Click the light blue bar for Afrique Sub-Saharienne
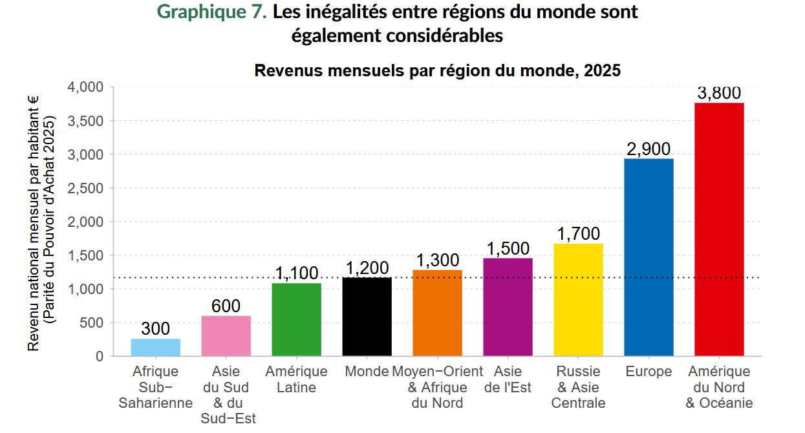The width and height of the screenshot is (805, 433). tap(156, 347)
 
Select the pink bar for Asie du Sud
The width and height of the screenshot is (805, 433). tap(226, 336)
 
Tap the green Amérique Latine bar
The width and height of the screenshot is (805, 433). tap(296, 319)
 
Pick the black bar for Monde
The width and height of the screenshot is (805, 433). tap(367, 317)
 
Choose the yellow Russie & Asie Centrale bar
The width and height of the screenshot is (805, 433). tap(578, 300)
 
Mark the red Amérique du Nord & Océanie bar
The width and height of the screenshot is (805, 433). tap(719, 229)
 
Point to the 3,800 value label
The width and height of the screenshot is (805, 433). tap(719, 93)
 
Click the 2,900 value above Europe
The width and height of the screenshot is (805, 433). tap(649, 149)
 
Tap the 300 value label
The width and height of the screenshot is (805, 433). tap(156, 329)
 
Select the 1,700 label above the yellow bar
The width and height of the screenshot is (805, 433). tap(578, 234)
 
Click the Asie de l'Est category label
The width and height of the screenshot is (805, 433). tap(508, 379)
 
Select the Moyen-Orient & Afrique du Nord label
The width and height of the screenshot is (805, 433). tap(437, 387)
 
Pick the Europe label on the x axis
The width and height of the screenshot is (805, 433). tap(649, 372)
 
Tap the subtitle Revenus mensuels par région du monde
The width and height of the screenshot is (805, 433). tap(437, 70)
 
